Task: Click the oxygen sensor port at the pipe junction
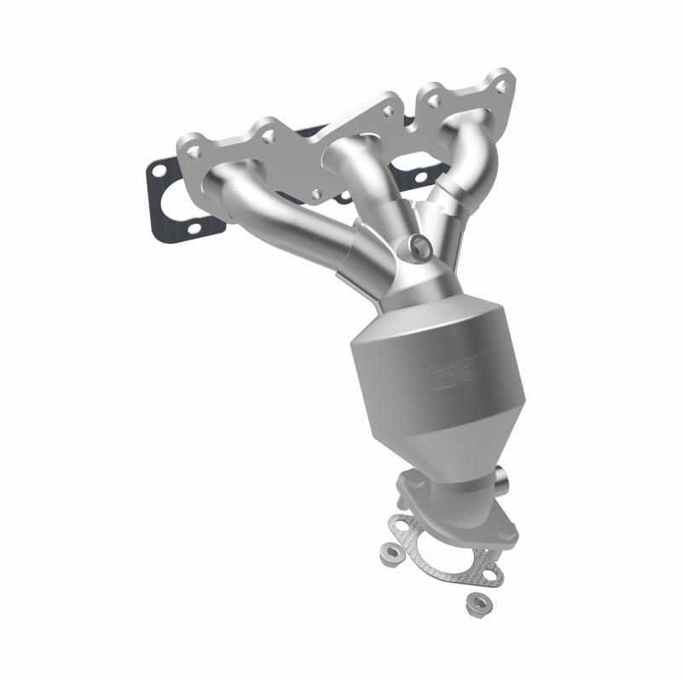click(419, 246)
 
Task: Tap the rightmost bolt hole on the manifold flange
click(504, 86)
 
